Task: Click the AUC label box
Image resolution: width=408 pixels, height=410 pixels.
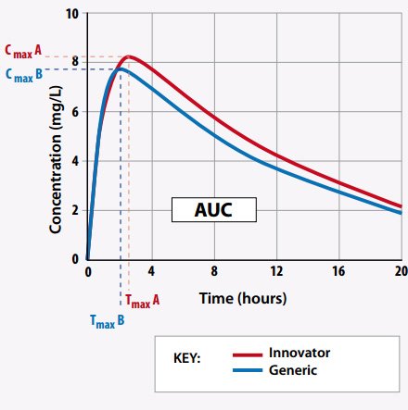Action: [x=213, y=210]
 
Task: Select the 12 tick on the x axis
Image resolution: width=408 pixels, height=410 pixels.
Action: [x=276, y=273]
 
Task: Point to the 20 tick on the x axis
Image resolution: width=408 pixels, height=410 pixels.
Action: [x=400, y=273]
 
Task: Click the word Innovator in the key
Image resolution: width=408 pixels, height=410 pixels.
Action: [x=300, y=353]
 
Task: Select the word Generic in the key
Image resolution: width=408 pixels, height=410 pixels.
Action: [x=293, y=369]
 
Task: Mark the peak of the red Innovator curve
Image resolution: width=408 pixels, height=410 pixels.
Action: [x=129, y=57]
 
